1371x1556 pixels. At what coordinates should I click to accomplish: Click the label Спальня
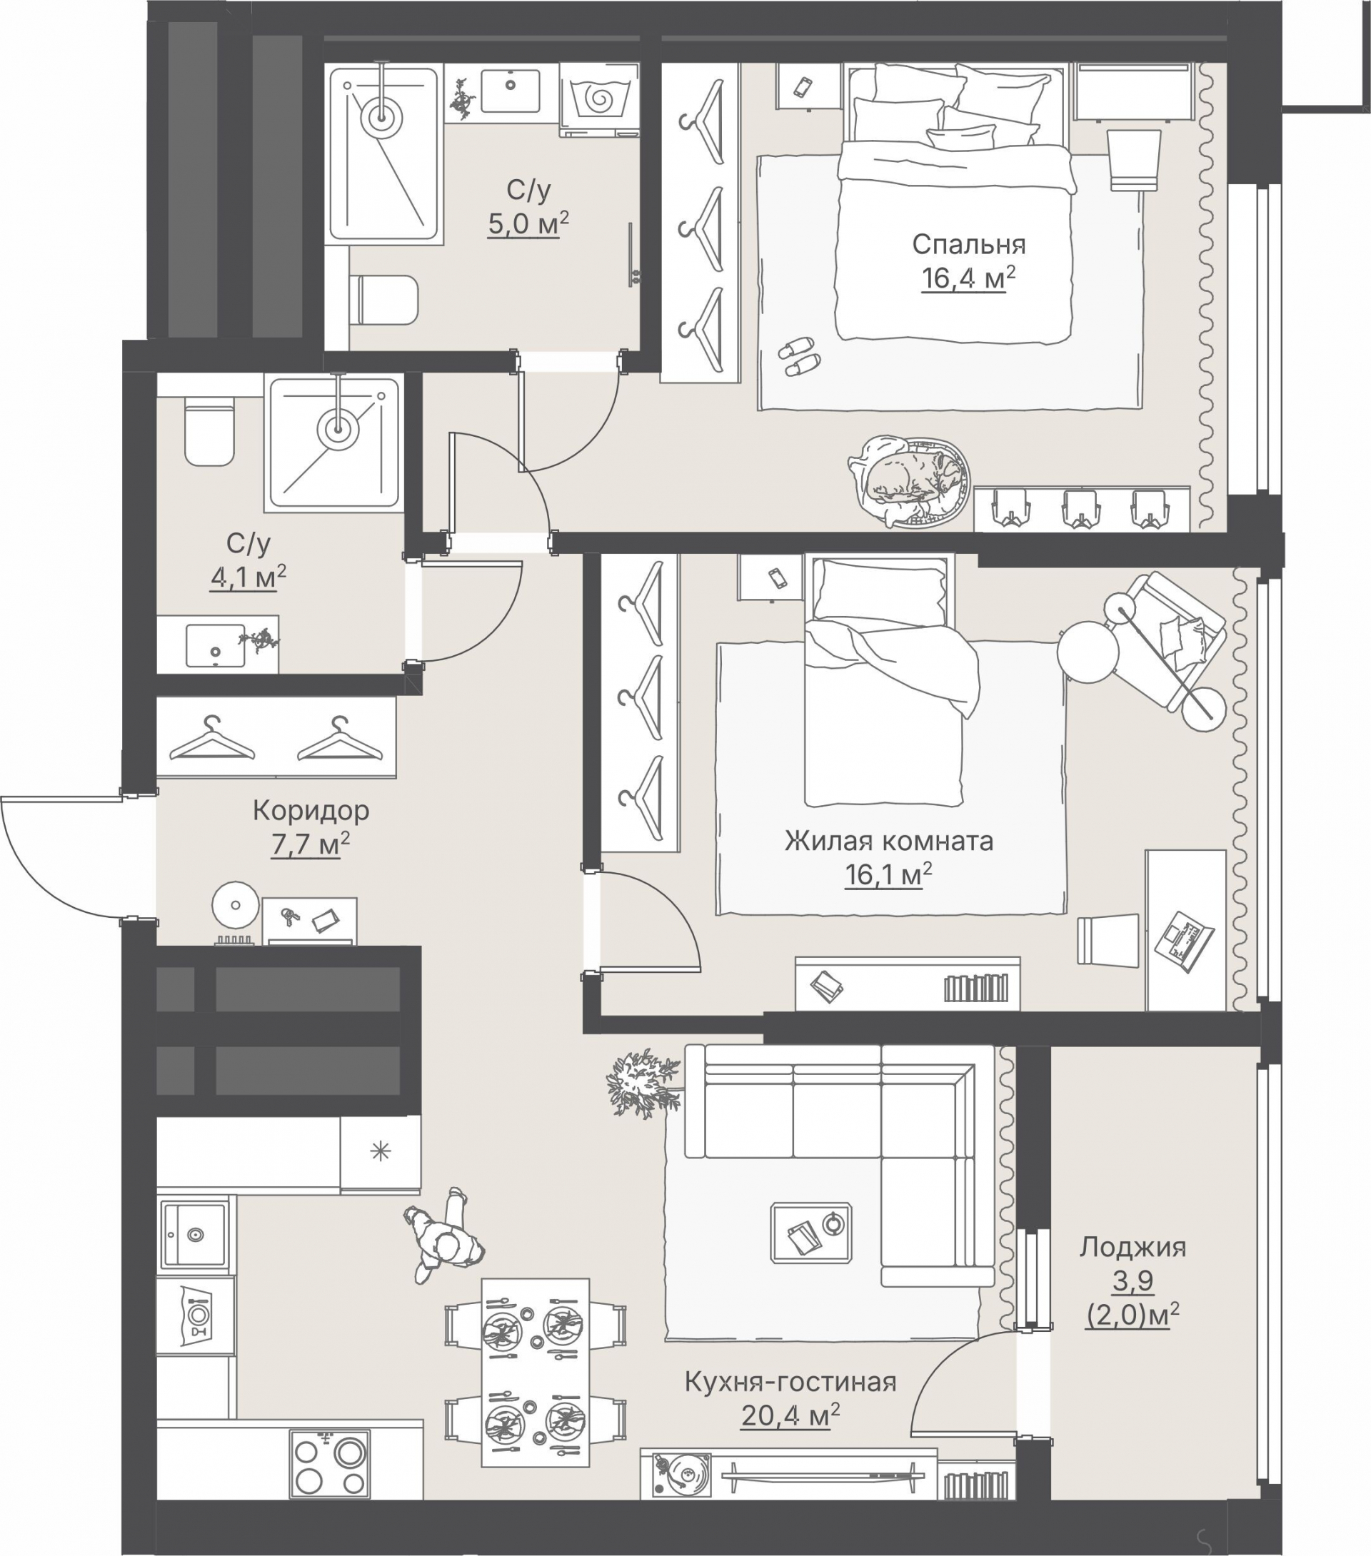point(969,244)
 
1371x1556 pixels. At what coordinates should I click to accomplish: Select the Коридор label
point(311,811)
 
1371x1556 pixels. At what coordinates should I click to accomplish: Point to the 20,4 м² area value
point(790,1415)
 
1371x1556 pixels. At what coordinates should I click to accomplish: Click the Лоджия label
point(1133,1247)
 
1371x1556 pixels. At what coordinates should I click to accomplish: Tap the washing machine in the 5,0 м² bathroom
point(598,99)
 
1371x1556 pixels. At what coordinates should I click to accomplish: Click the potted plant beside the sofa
point(642,1083)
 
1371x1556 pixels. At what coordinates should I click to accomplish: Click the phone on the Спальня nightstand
point(803,88)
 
